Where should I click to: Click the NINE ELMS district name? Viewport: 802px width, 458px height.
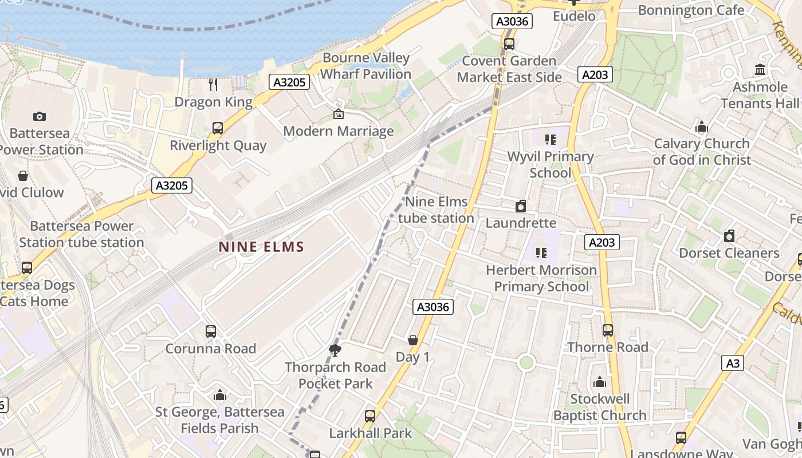(261, 247)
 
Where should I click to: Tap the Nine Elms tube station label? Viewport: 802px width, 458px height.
(436, 210)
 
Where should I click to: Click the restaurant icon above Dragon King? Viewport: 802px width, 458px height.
(213, 85)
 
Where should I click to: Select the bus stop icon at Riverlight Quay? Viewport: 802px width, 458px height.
(218, 128)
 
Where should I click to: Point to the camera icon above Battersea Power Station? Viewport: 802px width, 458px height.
(40, 117)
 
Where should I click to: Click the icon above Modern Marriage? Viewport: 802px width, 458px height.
(338, 114)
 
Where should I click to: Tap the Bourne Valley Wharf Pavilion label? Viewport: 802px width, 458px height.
(365, 66)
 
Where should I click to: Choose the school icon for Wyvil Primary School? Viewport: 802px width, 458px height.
(551, 139)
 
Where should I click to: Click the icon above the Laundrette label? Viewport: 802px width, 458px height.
(521, 206)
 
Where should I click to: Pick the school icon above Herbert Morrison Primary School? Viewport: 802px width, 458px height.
(541, 252)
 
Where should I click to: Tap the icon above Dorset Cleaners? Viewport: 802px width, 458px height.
(729, 236)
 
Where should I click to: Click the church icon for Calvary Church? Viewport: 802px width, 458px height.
(702, 127)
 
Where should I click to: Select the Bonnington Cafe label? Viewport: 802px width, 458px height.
(691, 10)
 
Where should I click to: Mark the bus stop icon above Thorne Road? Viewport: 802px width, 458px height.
(608, 330)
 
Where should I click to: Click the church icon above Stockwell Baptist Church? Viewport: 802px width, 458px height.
(600, 382)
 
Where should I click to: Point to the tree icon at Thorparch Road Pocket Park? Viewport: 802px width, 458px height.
(335, 350)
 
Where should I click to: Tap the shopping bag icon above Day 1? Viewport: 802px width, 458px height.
(413, 340)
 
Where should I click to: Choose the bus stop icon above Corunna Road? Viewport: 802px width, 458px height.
(211, 331)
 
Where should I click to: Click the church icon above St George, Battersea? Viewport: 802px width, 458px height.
(220, 395)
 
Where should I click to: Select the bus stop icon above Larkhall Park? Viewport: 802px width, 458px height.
(370, 416)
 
